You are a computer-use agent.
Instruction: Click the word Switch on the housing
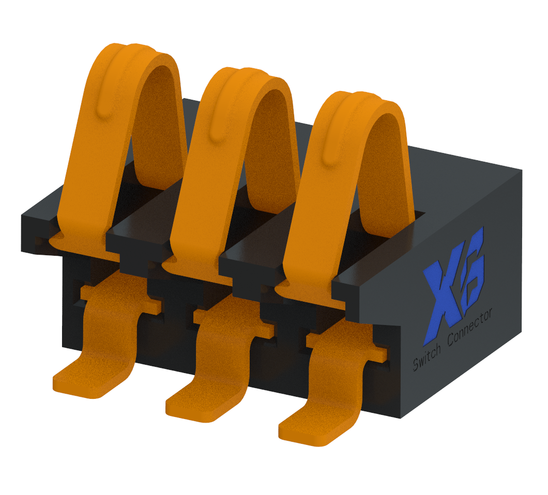tap(427, 358)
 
